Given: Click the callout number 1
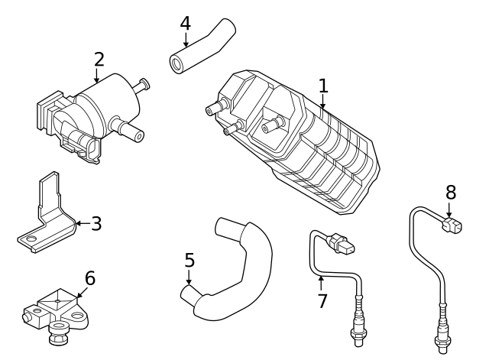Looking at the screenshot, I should [x=323, y=86].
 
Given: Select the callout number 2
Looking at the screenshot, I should [x=99, y=59].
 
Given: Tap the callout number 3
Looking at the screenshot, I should [x=96, y=224].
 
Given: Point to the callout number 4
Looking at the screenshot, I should [x=185, y=23].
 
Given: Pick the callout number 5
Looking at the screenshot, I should [x=189, y=261].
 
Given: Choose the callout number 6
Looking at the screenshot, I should [x=89, y=278].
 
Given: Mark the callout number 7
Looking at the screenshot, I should [x=322, y=300].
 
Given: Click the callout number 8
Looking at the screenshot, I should [x=450, y=191].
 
